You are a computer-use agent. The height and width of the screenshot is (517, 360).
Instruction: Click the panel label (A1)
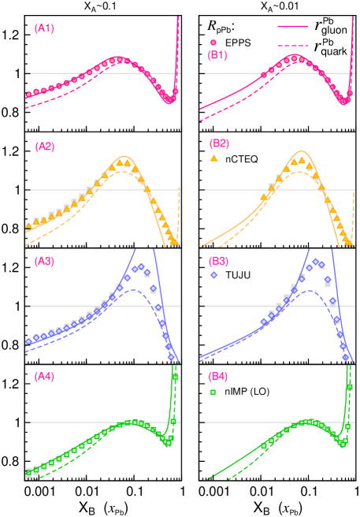(x=44, y=28)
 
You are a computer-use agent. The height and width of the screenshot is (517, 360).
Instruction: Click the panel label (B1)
(x=217, y=55)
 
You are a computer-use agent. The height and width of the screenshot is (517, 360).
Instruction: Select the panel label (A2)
(x=45, y=146)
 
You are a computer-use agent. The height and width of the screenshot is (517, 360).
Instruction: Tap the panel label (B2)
(x=219, y=143)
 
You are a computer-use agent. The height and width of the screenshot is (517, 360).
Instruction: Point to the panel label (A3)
(x=44, y=261)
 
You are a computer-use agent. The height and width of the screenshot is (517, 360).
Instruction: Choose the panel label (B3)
(x=218, y=261)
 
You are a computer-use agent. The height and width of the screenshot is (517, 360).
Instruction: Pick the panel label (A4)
(x=44, y=376)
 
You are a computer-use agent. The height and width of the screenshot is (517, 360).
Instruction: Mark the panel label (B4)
(x=218, y=376)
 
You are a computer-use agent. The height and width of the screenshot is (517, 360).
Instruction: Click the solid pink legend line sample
(x=292, y=26)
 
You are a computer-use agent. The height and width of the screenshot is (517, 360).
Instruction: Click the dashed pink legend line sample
(x=292, y=46)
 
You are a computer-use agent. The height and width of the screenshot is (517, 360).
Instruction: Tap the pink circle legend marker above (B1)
(x=213, y=43)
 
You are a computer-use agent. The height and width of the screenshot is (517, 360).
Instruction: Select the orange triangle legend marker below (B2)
(x=213, y=158)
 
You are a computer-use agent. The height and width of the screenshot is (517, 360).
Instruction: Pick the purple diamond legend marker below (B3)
(x=213, y=275)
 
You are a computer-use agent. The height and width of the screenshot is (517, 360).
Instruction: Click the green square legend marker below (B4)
(x=213, y=391)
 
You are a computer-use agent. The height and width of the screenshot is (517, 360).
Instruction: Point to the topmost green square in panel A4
(x=175, y=377)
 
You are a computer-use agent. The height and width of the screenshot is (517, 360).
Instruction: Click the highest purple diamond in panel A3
(x=141, y=266)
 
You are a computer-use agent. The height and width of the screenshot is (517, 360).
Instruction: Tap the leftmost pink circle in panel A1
(x=29, y=95)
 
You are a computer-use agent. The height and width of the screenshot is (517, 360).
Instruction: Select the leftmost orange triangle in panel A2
(x=29, y=226)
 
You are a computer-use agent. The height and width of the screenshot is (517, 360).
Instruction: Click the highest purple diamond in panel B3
(x=315, y=261)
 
